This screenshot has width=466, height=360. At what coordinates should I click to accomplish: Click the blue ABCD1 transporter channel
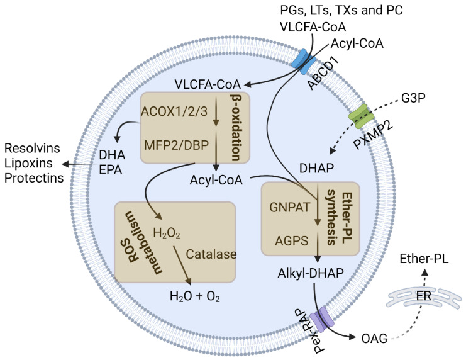click(304, 62)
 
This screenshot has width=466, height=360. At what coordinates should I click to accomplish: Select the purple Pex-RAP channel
click(322, 320)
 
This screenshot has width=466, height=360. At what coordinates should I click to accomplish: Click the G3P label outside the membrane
click(413, 98)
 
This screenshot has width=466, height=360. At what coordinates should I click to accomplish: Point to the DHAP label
click(316, 168)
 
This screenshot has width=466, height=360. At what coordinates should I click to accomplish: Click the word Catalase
click(211, 254)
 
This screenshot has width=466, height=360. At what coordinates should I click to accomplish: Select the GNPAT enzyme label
click(289, 207)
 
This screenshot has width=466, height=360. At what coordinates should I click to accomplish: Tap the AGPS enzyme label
click(292, 240)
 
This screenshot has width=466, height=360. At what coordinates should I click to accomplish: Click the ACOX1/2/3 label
click(174, 111)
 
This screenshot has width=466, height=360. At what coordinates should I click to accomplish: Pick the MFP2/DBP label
click(177, 145)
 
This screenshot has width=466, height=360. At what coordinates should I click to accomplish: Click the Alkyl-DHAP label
click(311, 273)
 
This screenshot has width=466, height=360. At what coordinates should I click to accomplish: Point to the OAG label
click(374, 338)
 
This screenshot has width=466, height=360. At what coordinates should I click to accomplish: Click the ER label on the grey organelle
click(424, 296)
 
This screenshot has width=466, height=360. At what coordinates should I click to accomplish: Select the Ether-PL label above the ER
click(424, 259)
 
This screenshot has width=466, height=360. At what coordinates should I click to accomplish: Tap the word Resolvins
click(32, 148)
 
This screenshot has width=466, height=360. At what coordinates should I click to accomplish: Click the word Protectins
click(34, 178)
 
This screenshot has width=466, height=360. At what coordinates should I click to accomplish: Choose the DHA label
click(112, 155)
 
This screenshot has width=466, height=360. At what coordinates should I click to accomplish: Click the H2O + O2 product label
click(195, 296)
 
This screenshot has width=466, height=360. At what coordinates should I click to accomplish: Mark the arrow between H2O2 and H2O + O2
click(182, 264)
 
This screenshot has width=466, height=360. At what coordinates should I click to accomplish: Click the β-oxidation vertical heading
click(235, 128)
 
